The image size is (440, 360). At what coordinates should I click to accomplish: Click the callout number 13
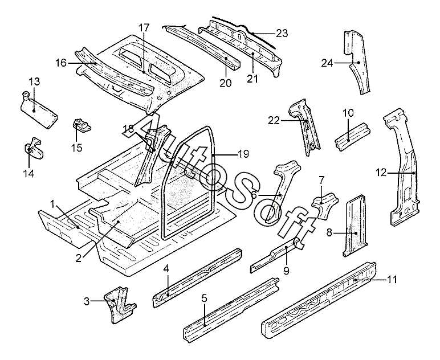pos(34,81)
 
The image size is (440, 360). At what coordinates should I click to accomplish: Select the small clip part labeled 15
pos(82,125)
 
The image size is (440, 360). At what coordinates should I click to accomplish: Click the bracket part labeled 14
pos(34,149)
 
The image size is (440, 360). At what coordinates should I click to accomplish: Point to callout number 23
pos(282,34)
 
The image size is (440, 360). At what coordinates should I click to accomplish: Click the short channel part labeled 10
pos(352,136)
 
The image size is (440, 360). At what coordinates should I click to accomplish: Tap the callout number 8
pos(329,232)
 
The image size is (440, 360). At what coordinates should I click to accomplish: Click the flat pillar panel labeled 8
pos(354,225)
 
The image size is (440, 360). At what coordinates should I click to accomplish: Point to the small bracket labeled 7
pos(325,206)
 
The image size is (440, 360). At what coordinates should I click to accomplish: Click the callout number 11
pos(392,280)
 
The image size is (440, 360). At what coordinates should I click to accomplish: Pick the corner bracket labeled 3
pos(120,305)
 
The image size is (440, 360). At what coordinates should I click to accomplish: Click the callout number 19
pos(243,154)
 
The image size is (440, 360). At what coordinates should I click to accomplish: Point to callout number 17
pos(144,28)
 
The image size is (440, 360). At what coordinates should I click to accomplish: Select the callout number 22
pos(274,121)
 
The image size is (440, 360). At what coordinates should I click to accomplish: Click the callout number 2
pos(79,257)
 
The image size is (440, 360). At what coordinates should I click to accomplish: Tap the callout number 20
pos(226,83)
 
